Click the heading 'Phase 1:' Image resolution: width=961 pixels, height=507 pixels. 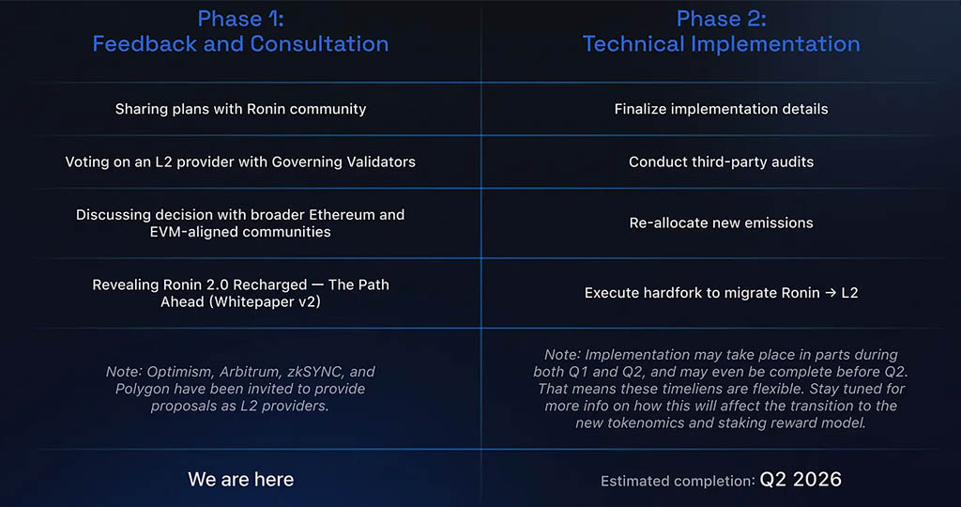coord(240,19)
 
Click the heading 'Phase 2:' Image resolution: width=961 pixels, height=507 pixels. coord(722,19)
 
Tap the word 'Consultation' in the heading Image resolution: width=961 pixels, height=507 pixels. coord(319,44)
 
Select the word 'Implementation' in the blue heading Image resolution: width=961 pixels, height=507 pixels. coord(776,44)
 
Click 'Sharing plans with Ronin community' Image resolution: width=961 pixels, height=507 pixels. coord(240,109)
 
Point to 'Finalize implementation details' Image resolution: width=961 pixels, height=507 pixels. coord(722,109)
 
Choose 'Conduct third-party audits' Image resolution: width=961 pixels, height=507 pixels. coord(722,161)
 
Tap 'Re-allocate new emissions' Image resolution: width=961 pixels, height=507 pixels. coord(722,223)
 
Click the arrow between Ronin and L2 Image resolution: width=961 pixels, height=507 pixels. coord(831,293)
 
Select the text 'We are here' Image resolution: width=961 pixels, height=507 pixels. coord(241,480)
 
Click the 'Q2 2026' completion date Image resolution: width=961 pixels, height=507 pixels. coord(801,480)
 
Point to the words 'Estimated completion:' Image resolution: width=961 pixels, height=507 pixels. coord(678,482)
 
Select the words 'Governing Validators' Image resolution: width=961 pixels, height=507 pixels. coord(343,161)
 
